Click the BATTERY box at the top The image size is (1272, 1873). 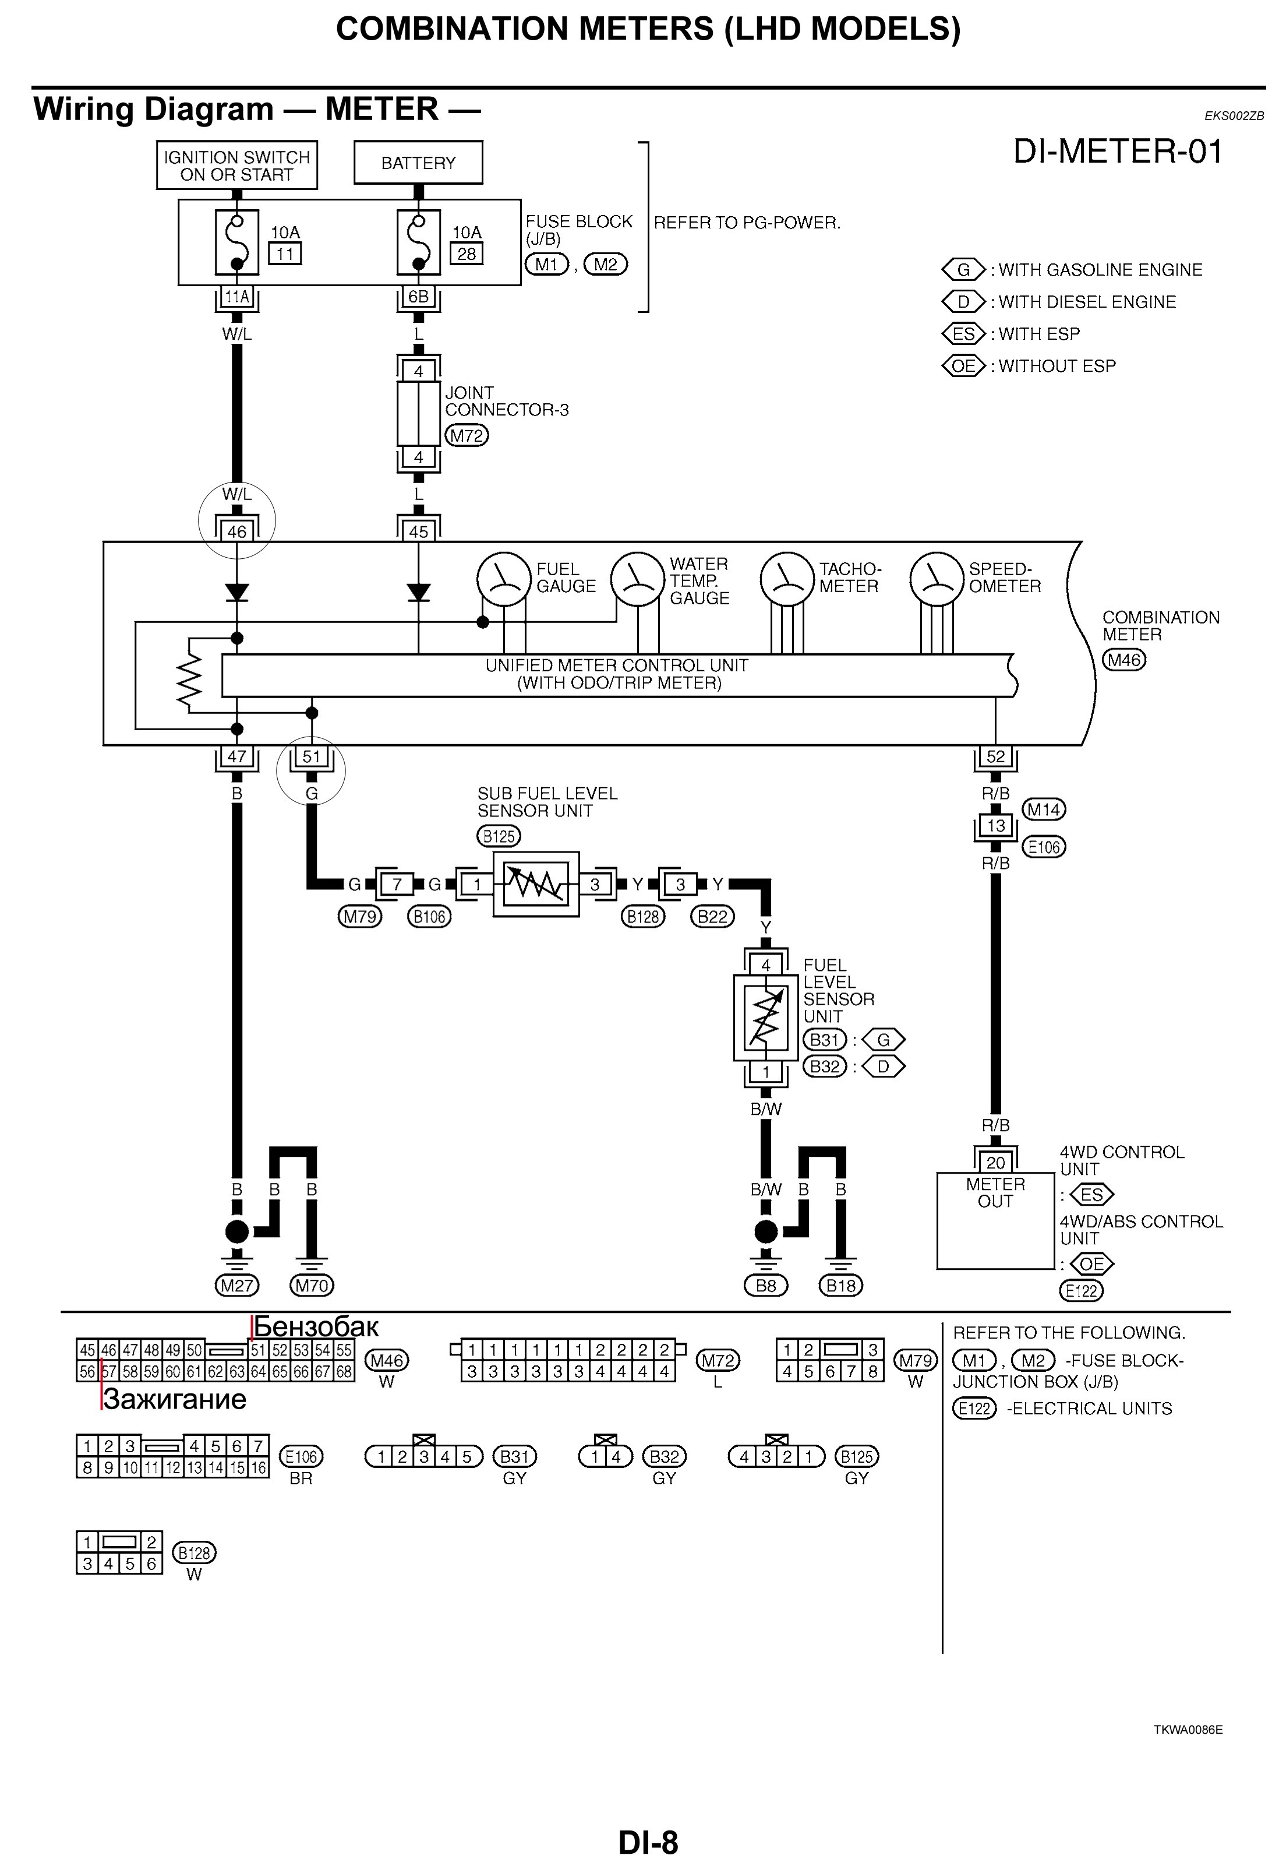(x=418, y=163)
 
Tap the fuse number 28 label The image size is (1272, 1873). (x=467, y=254)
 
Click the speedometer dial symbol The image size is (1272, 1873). (x=936, y=579)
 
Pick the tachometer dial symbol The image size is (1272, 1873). (x=787, y=579)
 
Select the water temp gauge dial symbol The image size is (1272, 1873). (x=637, y=579)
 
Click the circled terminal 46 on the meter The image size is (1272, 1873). (x=237, y=531)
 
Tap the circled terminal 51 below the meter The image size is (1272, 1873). (x=312, y=757)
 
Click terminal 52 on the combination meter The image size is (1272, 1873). (x=996, y=757)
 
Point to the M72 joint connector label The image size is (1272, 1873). (x=467, y=436)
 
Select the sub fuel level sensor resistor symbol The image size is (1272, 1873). (x=536, y=884)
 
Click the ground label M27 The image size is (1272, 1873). (x=237, y=1286)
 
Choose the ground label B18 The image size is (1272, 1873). (x=840, y=1286)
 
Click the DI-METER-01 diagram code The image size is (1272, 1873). (x=1117, y=152)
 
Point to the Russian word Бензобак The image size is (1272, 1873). (x=316, y=1326)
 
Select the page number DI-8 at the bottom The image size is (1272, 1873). (x=648, y=1842)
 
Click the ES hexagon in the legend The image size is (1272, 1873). (x=963, y=334)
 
